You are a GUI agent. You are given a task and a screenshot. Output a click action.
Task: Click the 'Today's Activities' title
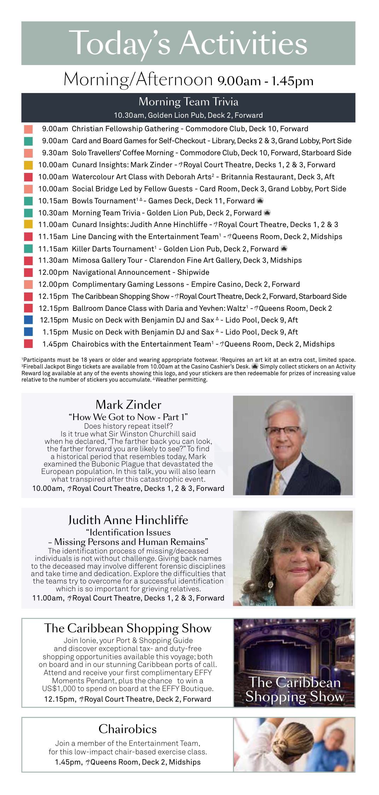(x=188, y=43)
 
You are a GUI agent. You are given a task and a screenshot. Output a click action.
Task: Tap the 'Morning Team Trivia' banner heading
(x=188, y=102)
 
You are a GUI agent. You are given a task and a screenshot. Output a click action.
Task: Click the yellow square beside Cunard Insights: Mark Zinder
(x=28, y=165)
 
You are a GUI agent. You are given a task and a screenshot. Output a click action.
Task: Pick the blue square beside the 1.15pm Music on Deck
(x=28, y=332)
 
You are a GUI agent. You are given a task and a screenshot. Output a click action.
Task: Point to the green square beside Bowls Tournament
(x=28, y=201)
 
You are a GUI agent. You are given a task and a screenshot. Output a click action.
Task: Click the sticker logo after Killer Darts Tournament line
(x=284, y=249)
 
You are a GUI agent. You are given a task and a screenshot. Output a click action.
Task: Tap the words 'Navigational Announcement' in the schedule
(x=121, y=272)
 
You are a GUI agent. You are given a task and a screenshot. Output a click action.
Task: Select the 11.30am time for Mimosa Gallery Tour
(x=53, y=260)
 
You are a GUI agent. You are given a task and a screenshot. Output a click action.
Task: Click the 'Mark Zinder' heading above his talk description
(x=128, y=405)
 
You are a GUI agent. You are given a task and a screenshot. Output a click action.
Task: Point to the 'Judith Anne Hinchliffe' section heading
(x=128, y=520)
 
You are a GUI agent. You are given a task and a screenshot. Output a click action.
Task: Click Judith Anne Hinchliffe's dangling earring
(x=271, y=582)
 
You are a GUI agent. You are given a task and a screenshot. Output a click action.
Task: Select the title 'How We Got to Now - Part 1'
(x=128, y=417)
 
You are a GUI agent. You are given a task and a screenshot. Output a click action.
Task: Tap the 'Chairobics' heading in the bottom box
(x=128, y=729)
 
